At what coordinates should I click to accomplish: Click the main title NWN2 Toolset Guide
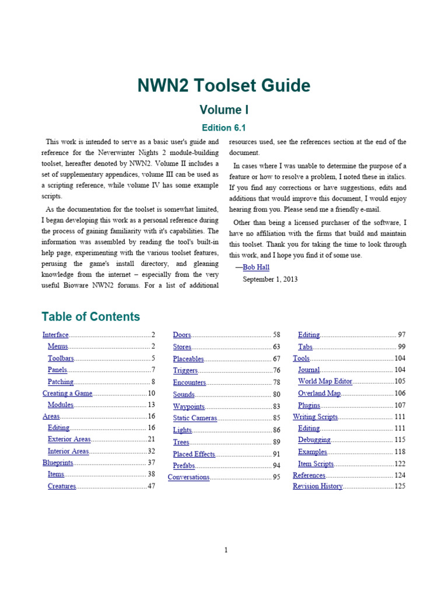pyautogui.click(x=224, y=86)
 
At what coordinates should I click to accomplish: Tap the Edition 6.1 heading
pyautogui.click(x=224, y=128)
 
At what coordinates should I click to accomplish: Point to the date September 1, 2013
pyautogui.click(x=269, y=279)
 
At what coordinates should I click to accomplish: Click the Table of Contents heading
pyautogui.click(x=91, y=317)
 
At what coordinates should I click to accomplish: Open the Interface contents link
pyautogui.click(x=55, y=335)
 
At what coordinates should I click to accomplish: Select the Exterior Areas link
pyautogui.click(x=69, y=439)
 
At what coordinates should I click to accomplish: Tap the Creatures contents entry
pyautogui.click(x=62, y=486)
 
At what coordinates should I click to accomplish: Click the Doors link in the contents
pyautogui.click(x=182, y=335)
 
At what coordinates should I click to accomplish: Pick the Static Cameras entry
pyautogui.click(x=195, y=418)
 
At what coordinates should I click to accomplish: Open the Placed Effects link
pyautogui.click(x=194, y=454)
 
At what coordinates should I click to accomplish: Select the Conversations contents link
pyautogui.click(x=188, y=477)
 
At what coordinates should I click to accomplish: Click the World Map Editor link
pyautogui.click(x=325, y=381)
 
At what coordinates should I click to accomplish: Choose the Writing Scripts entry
pyautogui.click(x=315, y=417)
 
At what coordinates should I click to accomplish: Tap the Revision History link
pyautogui.click(x=317, y=486)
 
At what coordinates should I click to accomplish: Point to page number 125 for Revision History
pyautogui.click(x=400, y=486)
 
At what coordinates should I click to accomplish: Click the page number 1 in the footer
pyautogui.click(x=226, y=550)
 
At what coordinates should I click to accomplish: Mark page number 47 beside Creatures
pyautogui.click(x=151, y=486)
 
